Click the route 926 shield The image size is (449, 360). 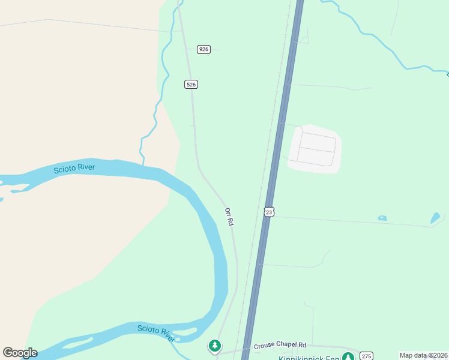point(204,49)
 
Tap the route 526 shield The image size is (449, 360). point(191,85)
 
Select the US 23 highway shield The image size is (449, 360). point(269,212)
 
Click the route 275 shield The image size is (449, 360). point(367,355)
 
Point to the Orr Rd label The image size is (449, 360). point(229,217)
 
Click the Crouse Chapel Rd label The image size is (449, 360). point(280,346)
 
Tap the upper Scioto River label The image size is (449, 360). point(74,168)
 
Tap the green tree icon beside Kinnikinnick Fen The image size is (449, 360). point(348,356)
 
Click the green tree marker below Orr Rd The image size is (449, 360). point(214,346)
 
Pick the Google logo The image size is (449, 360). point(20,353)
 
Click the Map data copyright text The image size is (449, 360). point(423,355)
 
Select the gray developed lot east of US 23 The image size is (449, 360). point(315,149)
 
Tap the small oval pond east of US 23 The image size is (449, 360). point(382,218)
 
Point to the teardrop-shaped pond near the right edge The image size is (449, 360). point(435,218)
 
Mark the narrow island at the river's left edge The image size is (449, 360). point(18,191)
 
